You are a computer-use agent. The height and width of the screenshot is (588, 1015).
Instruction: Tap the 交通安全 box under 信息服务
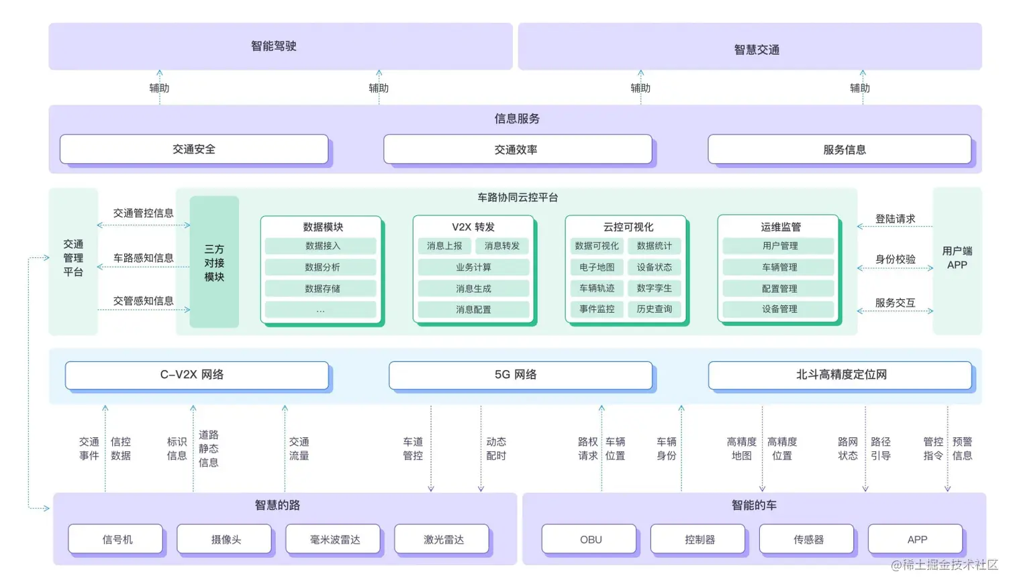point(194,150)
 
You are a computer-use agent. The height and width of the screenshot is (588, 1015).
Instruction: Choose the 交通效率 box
point(517,150)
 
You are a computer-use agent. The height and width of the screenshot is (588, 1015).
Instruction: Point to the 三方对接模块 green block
point(214,262)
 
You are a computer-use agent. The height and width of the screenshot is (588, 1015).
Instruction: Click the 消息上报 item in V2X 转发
point(444,246)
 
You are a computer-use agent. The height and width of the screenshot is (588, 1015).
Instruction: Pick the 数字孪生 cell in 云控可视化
point(654,288)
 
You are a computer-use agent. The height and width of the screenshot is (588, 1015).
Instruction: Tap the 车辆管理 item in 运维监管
point(779,268)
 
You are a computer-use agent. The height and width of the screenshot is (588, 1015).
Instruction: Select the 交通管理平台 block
point(73,259)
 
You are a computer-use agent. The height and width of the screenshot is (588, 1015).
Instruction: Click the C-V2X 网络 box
point(197,375)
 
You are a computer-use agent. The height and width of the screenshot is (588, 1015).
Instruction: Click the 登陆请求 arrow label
point(895,219)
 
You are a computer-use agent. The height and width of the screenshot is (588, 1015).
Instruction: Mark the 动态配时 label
point(496,449)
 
